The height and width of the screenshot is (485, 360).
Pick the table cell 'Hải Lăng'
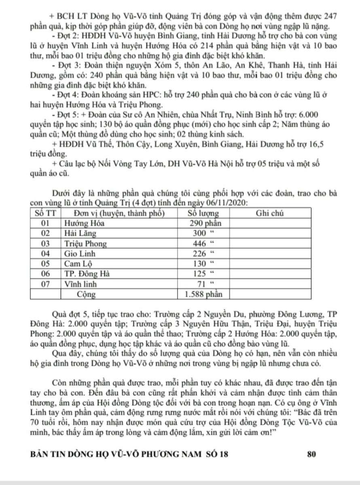[79, 233]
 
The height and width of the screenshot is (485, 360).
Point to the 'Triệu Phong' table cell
[86, 244]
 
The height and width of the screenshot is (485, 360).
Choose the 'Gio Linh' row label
[79, 254]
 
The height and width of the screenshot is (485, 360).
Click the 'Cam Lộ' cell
[77, 264]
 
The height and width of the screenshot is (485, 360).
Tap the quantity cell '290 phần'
[205, 223]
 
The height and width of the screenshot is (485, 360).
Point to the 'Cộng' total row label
[86, 294]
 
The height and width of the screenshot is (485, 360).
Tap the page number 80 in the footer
[311, 454]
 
